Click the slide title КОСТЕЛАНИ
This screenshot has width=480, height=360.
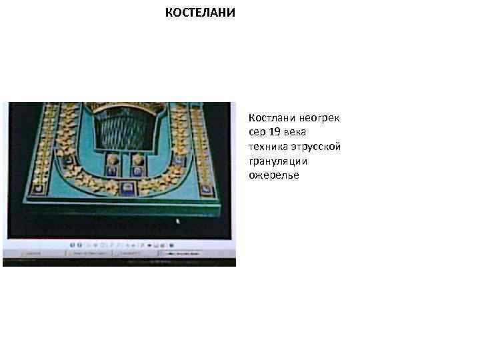click(x=201, y=13)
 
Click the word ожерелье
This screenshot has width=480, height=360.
click(x=274, y=175)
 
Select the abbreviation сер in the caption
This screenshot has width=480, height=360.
click(x=257, y=132)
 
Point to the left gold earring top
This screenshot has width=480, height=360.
click(x=111, y=161)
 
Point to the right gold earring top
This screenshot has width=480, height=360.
click(x=138, y=161)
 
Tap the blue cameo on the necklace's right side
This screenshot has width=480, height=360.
click(x=181, y=161)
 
